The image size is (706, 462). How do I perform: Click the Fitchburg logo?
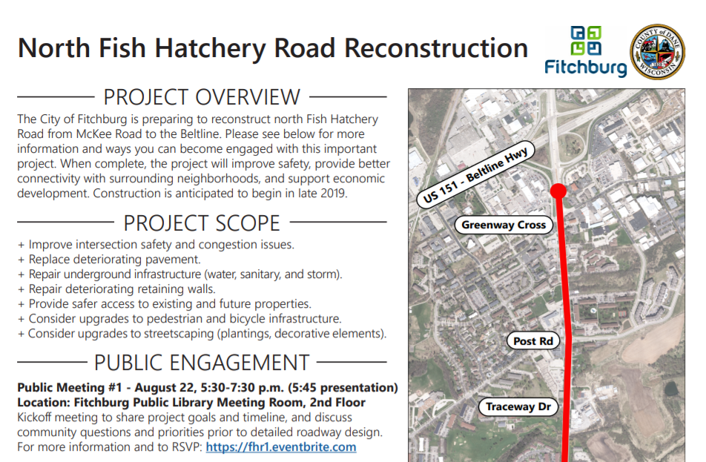click(x=586, y=51)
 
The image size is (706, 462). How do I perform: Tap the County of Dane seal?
click(x=656, y=51)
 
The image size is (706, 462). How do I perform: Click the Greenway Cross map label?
click(x=504, y=225)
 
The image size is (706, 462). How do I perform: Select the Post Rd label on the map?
click(x=533, y=341)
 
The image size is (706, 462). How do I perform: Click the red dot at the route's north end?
click(x=559, y=191)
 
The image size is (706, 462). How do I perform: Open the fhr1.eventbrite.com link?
click(x=281, y=447)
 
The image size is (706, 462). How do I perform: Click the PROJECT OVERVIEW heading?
click(x=202, y=97)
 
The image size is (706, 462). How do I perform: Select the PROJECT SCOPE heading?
click(x=202, y=222)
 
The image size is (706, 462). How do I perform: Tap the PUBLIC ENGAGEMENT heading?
click(x=202, y=363)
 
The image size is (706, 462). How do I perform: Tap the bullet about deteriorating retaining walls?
click(x=122, y=289)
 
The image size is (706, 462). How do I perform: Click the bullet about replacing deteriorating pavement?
click(x=115, y=260)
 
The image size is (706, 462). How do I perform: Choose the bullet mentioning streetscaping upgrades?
click(x=208, y=334)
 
